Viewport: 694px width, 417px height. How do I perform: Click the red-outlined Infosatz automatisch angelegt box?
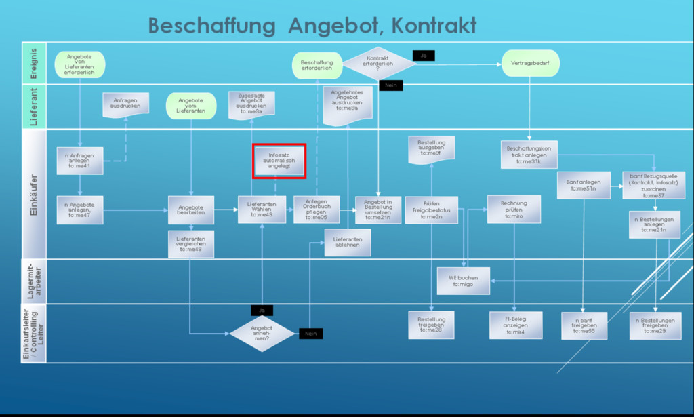pyautogui.click(x=279, y=161)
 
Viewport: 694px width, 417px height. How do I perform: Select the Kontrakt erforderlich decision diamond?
pyautogui.click(x=379, y=63)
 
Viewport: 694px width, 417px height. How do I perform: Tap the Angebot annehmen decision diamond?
pyautogui.click(x=262, y=334)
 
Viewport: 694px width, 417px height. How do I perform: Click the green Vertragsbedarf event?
pyautogui.click(x=531, y=64)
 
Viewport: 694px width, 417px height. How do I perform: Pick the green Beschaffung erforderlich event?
pyautogui.click(x=317, y=66)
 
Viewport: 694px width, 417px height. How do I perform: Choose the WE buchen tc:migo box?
pyautogui.click(x=463, y=280)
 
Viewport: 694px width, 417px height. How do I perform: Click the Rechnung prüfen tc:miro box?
pyautogui.click(x=514, y=210)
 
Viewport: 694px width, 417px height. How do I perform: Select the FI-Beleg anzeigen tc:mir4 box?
pyautogui.click(x=516, y=325)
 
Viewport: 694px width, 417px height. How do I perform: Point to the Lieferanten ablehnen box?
pyautogui.click(x=348, y=243)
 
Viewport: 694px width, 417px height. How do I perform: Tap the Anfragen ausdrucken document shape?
pyautogui.click(x=125, y=104)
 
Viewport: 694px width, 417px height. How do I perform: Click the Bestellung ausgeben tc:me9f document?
pyautogui.click(x=431, y=148)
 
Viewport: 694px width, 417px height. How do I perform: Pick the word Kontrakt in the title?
pyautogui.click(x=434, y=26)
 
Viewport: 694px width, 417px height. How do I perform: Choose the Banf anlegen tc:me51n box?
pyautogui.click(x=583, y=185)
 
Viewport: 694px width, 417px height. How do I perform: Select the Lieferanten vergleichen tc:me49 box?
pyautogui.click(x=191, y=244)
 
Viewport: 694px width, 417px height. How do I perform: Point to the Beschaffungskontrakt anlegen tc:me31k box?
pyautogui.click(x=529, y=155)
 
